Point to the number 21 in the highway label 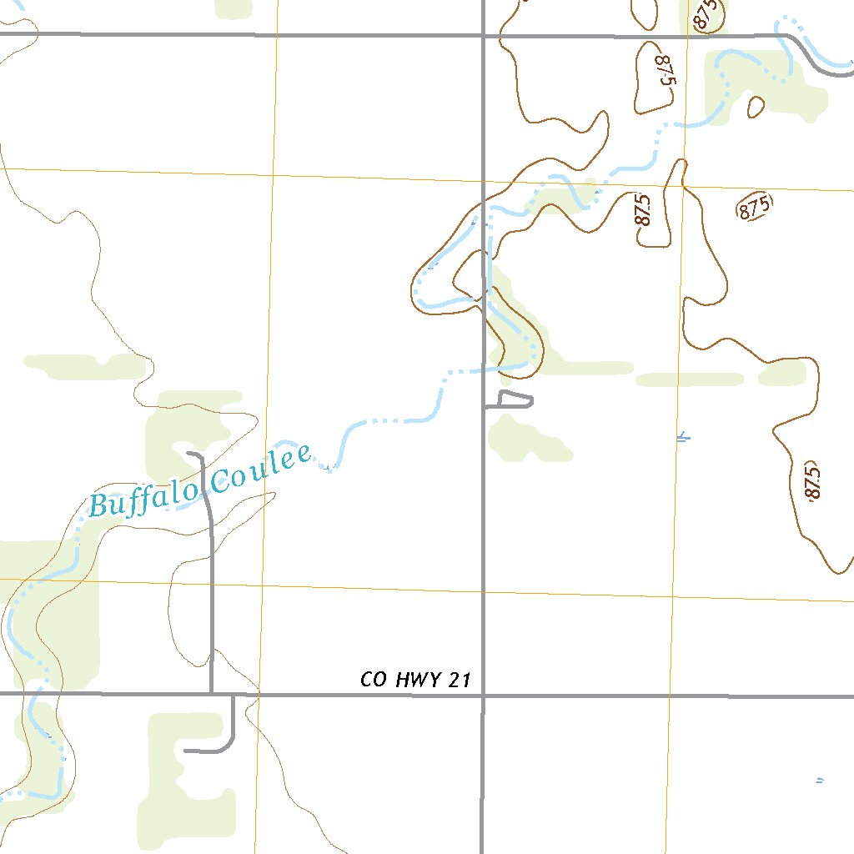(460, 681)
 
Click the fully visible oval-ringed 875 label (754, 207)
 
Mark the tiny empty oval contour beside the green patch (756, 107)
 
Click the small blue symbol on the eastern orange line (684, 435)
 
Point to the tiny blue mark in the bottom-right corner (820, 781)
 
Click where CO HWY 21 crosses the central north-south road (482, 694)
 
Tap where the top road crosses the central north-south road (483, 35)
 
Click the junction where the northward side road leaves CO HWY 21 (212, 693)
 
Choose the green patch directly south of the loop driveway (525, 440)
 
